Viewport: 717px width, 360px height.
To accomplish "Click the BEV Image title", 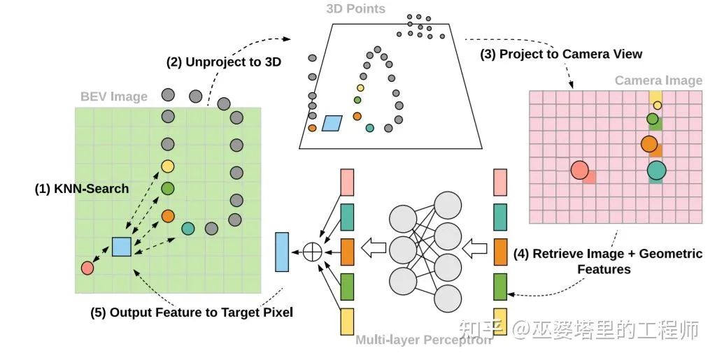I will [113, 96].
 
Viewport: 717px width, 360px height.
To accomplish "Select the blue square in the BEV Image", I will [122, 247].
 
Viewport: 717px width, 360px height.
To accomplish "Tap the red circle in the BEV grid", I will [87, 267].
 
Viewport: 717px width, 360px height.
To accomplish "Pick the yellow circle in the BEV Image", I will [167, 166].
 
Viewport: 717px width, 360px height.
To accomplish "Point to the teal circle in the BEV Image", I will [187, 228].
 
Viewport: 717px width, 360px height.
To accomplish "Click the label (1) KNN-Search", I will [82, 189].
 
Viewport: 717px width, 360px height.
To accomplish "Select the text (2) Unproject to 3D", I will [224, 62].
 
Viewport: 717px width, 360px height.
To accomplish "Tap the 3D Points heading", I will [355, 9].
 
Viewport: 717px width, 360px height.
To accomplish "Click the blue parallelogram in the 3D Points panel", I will [334, 123].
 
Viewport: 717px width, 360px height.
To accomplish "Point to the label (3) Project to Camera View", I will [561, 54].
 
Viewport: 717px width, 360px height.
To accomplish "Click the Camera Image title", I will [658, 80].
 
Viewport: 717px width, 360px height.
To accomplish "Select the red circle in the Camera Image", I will [579, 170].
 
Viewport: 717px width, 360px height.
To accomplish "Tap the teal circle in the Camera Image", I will [656, 170].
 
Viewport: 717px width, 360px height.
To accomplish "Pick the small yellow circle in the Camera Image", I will [657, 106].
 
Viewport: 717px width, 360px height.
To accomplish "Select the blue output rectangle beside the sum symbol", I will [282, 252].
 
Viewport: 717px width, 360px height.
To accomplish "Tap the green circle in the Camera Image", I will [653, 119].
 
